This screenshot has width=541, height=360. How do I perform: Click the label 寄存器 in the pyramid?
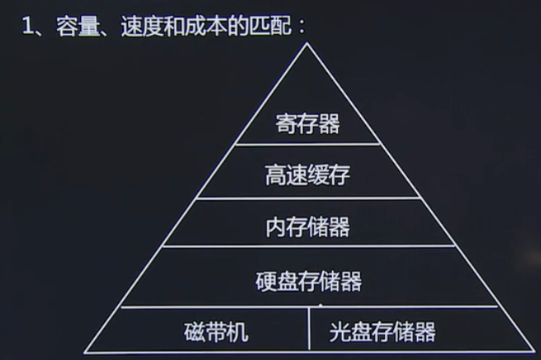[308, 125]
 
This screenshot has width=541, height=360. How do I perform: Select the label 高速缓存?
[308, 175]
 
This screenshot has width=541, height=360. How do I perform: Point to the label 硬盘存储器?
[308, 281]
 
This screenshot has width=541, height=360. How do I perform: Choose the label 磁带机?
[216, 332]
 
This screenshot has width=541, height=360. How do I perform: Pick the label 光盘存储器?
[382, 332]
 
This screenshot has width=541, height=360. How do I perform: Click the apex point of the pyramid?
[308, 43]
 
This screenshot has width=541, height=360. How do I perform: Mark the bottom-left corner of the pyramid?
[84, 352]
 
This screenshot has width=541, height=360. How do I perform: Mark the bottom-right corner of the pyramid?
[534, 352]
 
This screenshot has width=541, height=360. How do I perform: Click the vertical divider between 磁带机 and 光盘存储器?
[309, 329]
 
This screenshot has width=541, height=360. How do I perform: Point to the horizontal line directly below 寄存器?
[308, 145]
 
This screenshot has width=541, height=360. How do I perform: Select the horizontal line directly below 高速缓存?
[308, 197]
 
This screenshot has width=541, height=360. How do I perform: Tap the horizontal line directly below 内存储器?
[308, 246]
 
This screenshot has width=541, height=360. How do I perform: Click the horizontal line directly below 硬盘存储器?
[308, 306]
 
